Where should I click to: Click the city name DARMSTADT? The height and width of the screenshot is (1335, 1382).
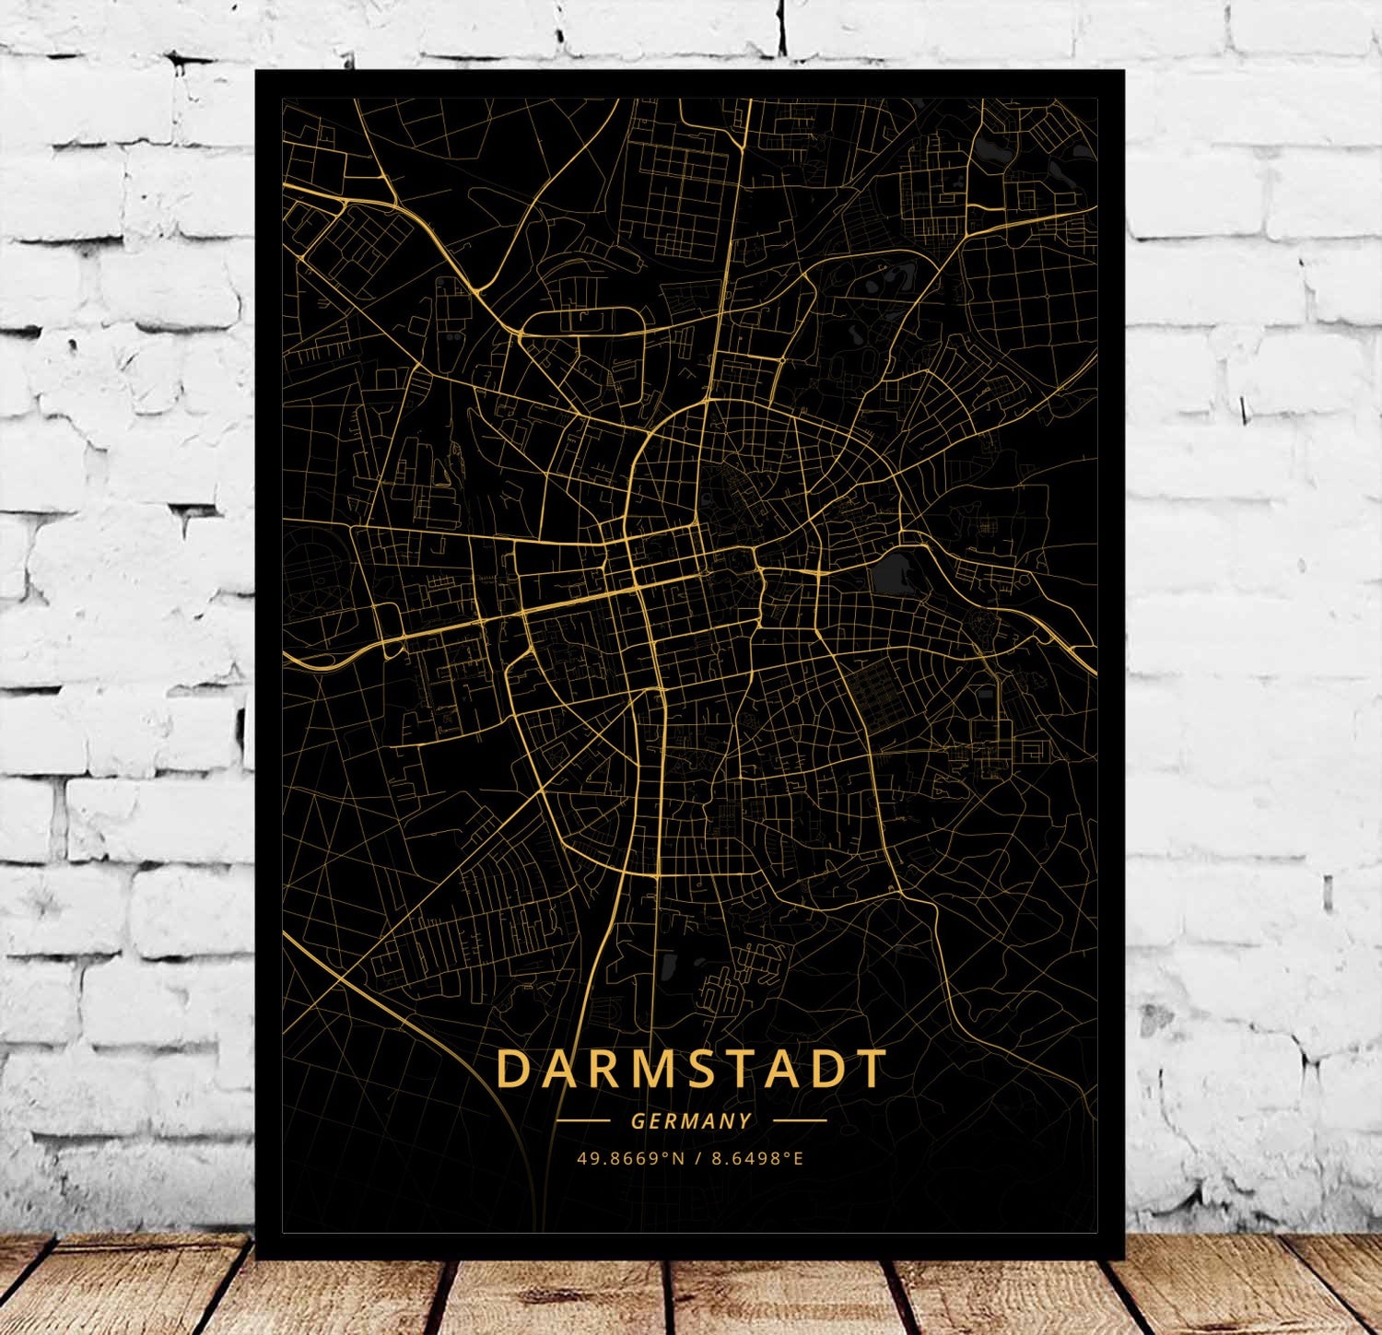point(691,1069)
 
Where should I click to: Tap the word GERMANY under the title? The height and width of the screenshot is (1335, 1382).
point(691,1121)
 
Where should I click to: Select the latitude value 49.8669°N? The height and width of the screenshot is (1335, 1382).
point(630,1158)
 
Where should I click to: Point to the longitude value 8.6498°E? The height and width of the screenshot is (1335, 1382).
point(756,1158)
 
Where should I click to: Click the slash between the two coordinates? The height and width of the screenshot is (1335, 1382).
point(698,1158)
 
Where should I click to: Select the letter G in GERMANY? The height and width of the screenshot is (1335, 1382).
point(638,1121)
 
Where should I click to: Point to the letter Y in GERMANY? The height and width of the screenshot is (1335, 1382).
point(745,1121)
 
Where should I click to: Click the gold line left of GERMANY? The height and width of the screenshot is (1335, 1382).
point(583,1121)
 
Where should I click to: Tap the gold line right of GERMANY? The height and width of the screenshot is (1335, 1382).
point(800,1121)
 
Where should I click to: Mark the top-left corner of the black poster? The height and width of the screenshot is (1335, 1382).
point(256,70)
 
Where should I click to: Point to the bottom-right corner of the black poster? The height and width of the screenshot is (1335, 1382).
point(1124,1258)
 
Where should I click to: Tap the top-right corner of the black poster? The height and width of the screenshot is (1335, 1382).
point(1124,70)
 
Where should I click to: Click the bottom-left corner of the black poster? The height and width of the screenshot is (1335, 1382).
point(256,1258)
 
